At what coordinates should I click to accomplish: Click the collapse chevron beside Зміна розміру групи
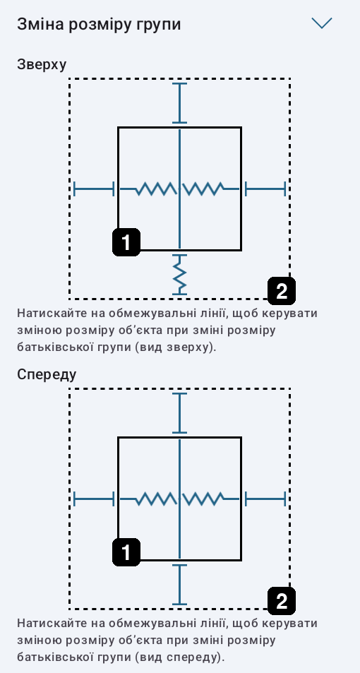coord(322,23)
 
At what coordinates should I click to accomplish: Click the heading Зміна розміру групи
coord(99,24)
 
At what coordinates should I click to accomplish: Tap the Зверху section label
coord(42,65)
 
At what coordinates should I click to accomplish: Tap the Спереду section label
coord(47,375)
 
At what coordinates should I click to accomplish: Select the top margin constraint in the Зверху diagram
coord(179,103)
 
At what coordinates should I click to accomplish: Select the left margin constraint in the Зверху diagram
coord(94,189)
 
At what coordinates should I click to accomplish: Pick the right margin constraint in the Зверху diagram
coord(265,189)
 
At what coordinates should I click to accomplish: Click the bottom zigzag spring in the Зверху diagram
coord(179,275)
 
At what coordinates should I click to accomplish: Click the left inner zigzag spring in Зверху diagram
coord(148,189)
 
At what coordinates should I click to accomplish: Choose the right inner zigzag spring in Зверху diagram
coord(210,189)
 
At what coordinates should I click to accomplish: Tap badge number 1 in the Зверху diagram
coord(126,242)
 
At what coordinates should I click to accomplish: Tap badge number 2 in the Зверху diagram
coord(282,292)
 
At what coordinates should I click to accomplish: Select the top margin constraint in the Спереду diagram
coord(179,413)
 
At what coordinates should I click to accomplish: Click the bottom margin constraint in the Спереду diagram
coord(179,585)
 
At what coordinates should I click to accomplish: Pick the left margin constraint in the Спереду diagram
coord(94,499)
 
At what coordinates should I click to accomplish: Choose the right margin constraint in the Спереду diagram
coord(265,499)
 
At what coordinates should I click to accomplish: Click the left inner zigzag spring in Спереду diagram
coord(148,499)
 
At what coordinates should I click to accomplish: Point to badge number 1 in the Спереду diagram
coord(126,552)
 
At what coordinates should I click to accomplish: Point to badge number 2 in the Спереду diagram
coord(282,602)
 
